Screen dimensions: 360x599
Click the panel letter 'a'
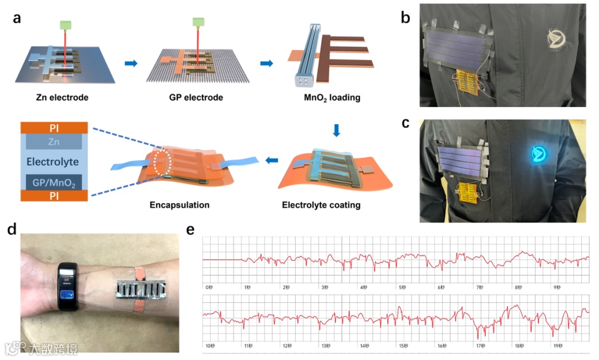point(17,18)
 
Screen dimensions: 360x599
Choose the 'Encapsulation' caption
point(179,205)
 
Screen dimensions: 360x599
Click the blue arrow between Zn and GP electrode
point(131,64)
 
